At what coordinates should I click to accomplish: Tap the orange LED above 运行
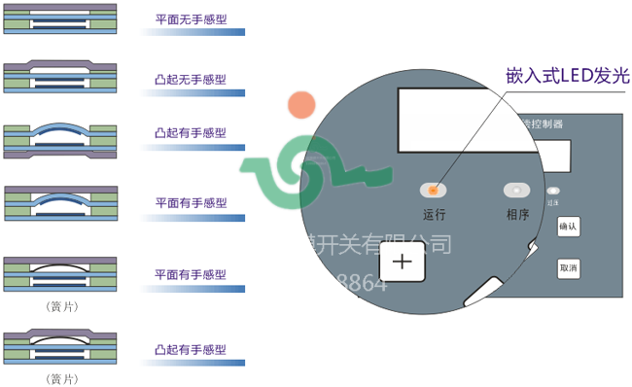click(434, 191)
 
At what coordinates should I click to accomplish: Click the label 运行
click(434, 215)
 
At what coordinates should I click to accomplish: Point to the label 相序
click(517, 215)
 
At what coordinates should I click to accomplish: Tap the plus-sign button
click(402, 261)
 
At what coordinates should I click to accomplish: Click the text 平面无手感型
click(191, 18)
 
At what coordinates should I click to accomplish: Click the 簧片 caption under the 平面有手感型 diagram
click(62, 306)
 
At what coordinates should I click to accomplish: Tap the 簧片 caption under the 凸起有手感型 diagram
click(62, 378)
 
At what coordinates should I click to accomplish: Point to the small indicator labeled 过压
click(553, 191)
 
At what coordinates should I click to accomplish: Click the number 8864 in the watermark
click(361, 284)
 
